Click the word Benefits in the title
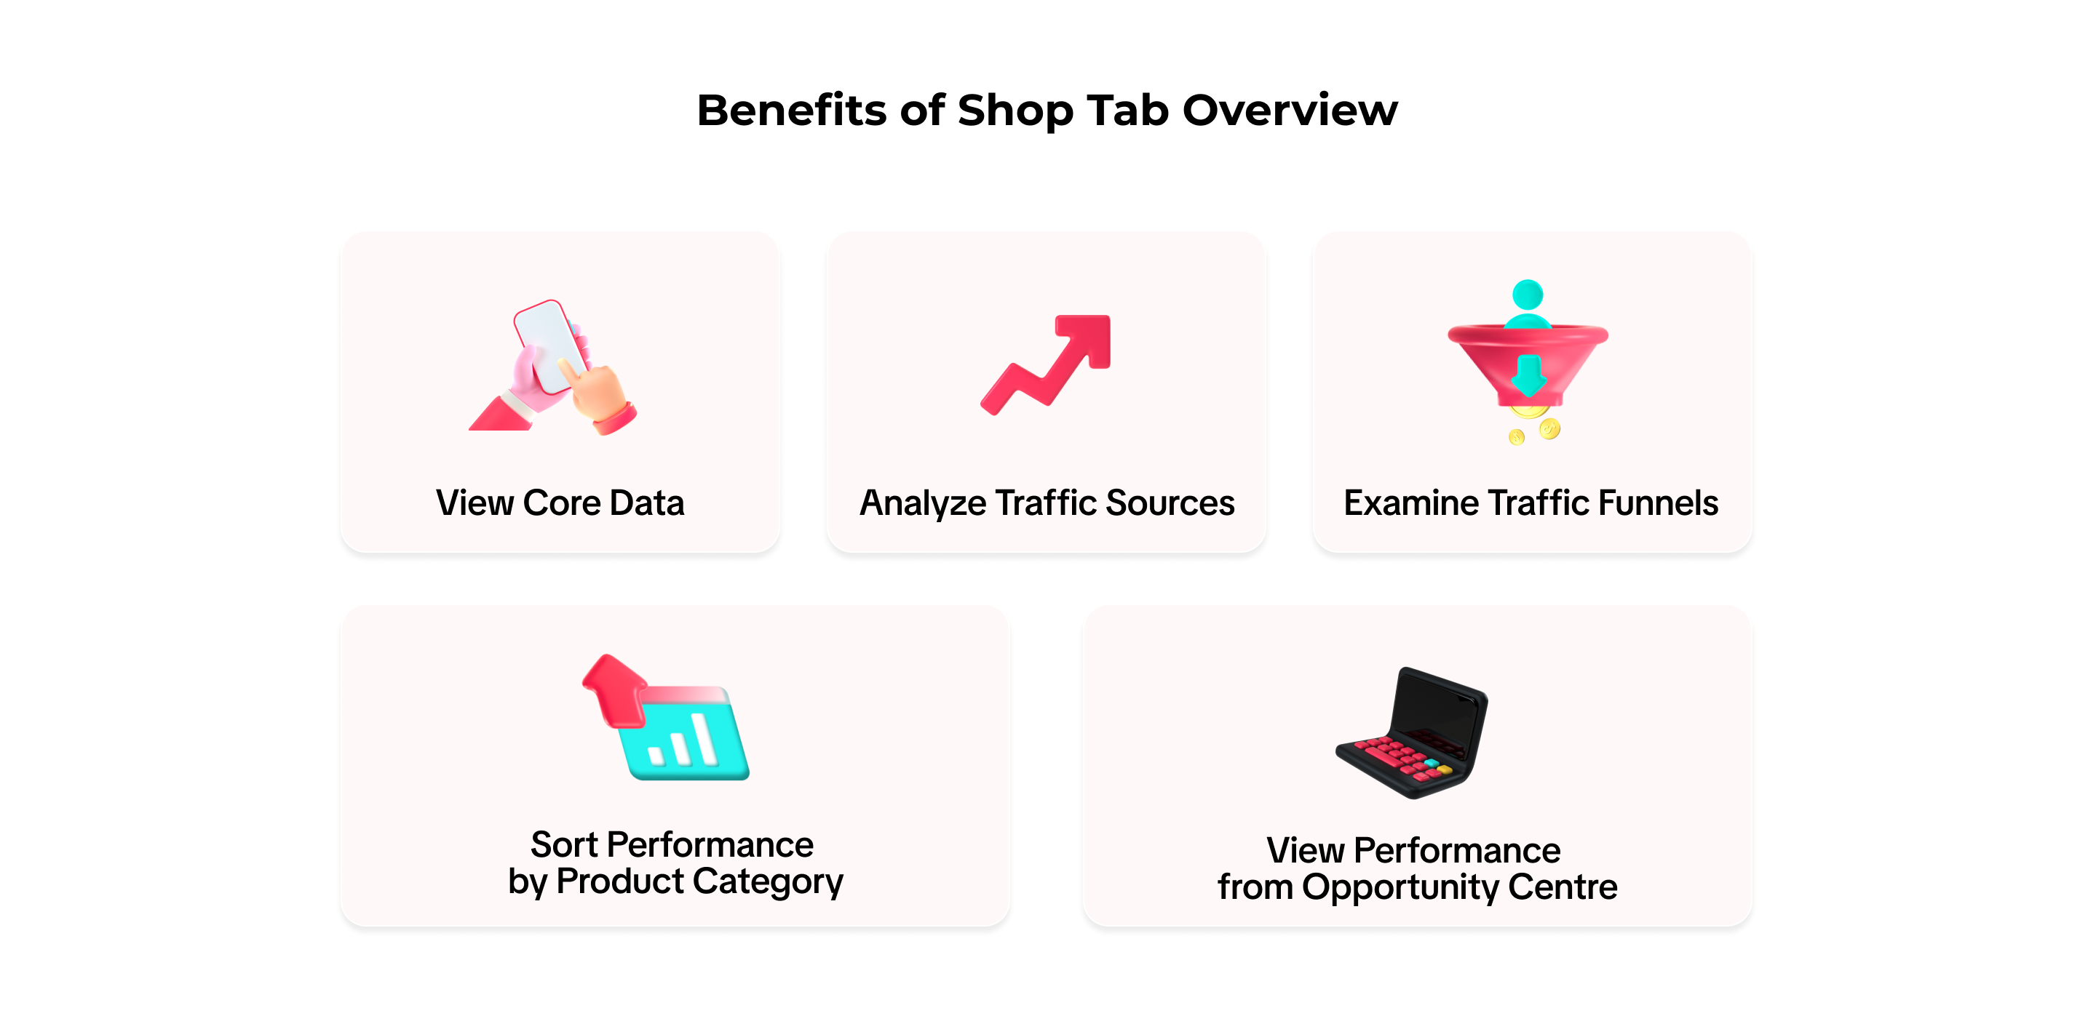[x=792, y=110]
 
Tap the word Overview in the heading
[x=1290, y=110]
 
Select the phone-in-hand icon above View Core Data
[x=553, y=367]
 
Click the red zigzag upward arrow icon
[x=1047, y=364]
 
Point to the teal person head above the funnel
[x=1528, y=295]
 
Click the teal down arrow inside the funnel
[x=1528, y=374]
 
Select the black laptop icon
[x=1413, y=733]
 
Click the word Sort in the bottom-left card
[x=565, y=845]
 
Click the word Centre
[x=1563, y=887]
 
